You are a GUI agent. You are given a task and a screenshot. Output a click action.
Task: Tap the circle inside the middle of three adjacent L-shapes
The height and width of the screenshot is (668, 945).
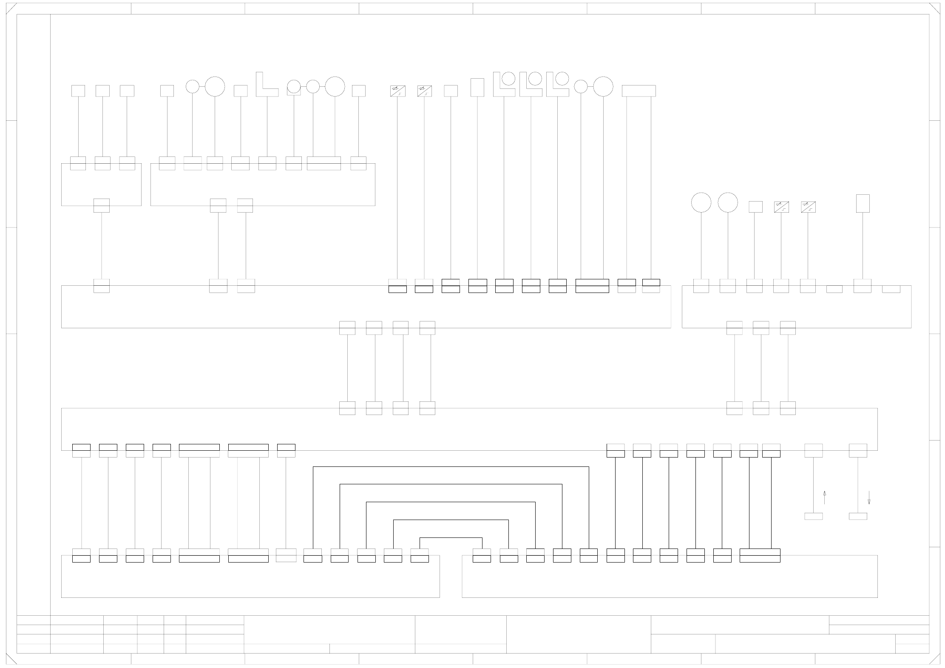pyautogui.click(x=536, y=78)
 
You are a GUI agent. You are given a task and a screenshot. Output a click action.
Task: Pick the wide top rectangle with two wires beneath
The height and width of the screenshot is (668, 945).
pyautogui.click(x=639, y=91)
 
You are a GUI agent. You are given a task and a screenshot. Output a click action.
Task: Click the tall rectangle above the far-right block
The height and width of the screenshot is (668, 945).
pyautogui.click(x=863, y=203)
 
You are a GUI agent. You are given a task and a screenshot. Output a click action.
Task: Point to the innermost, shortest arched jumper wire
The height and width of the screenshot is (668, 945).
pyautogui.click(x=451, y=538)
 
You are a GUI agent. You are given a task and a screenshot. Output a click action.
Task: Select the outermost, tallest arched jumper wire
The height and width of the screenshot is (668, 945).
pyautogui.click(x=451, y=467)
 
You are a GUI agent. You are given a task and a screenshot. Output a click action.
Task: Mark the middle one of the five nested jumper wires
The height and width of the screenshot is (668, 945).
pyautogui.click(x=451, y=502)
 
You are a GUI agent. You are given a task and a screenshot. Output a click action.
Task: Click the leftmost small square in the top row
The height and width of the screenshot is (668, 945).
pyautogui.click(x=78, y=91)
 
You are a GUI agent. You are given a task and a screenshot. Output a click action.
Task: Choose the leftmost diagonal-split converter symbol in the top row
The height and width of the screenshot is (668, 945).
pyautogui.click(x=397, y=91)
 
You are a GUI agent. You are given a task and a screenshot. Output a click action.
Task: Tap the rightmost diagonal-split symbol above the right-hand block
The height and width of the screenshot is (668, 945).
pyautogui.click(x=808, y=207)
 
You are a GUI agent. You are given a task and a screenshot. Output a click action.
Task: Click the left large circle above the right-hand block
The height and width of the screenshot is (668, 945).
pyautogui.click(x=701, y=202)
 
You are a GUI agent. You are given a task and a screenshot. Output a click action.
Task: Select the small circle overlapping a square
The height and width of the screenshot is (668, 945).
pyautogui.click(x=294, y=86)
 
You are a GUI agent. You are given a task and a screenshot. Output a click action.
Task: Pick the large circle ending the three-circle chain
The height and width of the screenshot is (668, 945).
pyautogui.click(x=335, y=86)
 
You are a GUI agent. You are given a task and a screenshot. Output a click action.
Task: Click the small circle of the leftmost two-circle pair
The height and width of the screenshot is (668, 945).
pyautogui.click(x=192, y=86)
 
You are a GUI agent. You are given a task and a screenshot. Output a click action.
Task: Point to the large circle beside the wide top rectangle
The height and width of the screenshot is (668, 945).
pyautogui.click(x=603, y=86)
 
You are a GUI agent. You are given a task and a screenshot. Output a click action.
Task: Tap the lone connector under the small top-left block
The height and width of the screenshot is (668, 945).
pyautogui.click(x=101, y=205)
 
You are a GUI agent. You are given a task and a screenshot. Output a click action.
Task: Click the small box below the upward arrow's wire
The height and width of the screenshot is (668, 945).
pyautogui.click(x=813, y=516)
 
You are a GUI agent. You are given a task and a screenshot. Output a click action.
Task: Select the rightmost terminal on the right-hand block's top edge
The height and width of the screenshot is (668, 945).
pyautogui.click(x=891, y=289)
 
